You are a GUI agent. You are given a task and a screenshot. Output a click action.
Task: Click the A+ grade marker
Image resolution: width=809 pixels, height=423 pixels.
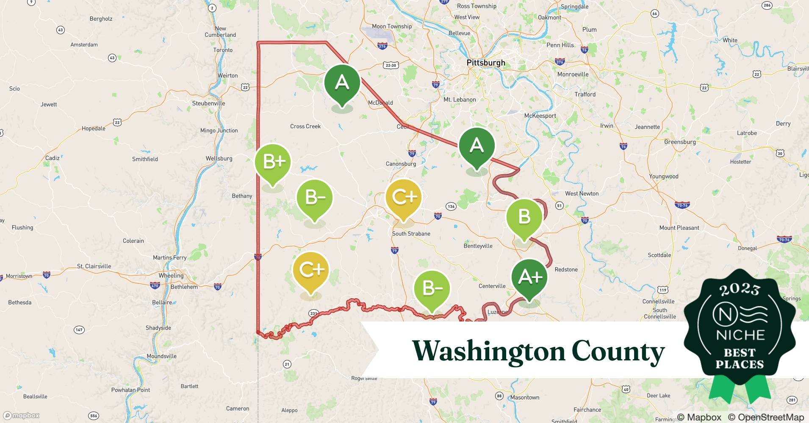529,277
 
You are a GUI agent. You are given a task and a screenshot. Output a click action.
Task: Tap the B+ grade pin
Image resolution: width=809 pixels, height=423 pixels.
273,162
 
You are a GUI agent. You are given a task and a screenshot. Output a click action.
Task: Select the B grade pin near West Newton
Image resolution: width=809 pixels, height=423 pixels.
524,217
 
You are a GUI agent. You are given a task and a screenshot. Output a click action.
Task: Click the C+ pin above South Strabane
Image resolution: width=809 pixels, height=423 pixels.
403,197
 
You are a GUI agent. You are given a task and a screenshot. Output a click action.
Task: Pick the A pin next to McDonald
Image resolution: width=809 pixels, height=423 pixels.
342,82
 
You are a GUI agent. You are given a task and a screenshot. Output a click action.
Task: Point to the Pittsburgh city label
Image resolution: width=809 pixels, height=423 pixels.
485,63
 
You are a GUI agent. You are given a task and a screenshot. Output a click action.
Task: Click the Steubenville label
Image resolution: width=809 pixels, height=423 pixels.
208,104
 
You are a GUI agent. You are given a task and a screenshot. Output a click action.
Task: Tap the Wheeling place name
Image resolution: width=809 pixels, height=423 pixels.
171,276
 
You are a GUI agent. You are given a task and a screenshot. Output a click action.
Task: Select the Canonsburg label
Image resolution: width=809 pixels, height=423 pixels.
401,164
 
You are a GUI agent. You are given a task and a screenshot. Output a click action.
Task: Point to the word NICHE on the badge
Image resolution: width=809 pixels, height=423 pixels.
740,335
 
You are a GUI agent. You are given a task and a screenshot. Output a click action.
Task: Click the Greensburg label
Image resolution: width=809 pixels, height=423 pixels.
680,142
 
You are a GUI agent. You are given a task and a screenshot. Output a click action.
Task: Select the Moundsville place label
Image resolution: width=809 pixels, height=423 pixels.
161,356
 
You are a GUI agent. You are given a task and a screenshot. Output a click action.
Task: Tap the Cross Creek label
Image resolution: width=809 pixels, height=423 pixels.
305,126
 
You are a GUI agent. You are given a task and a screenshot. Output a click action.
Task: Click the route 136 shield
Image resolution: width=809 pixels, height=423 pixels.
451,206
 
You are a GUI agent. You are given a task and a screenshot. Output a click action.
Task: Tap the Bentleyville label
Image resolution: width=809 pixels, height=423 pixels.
478,246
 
